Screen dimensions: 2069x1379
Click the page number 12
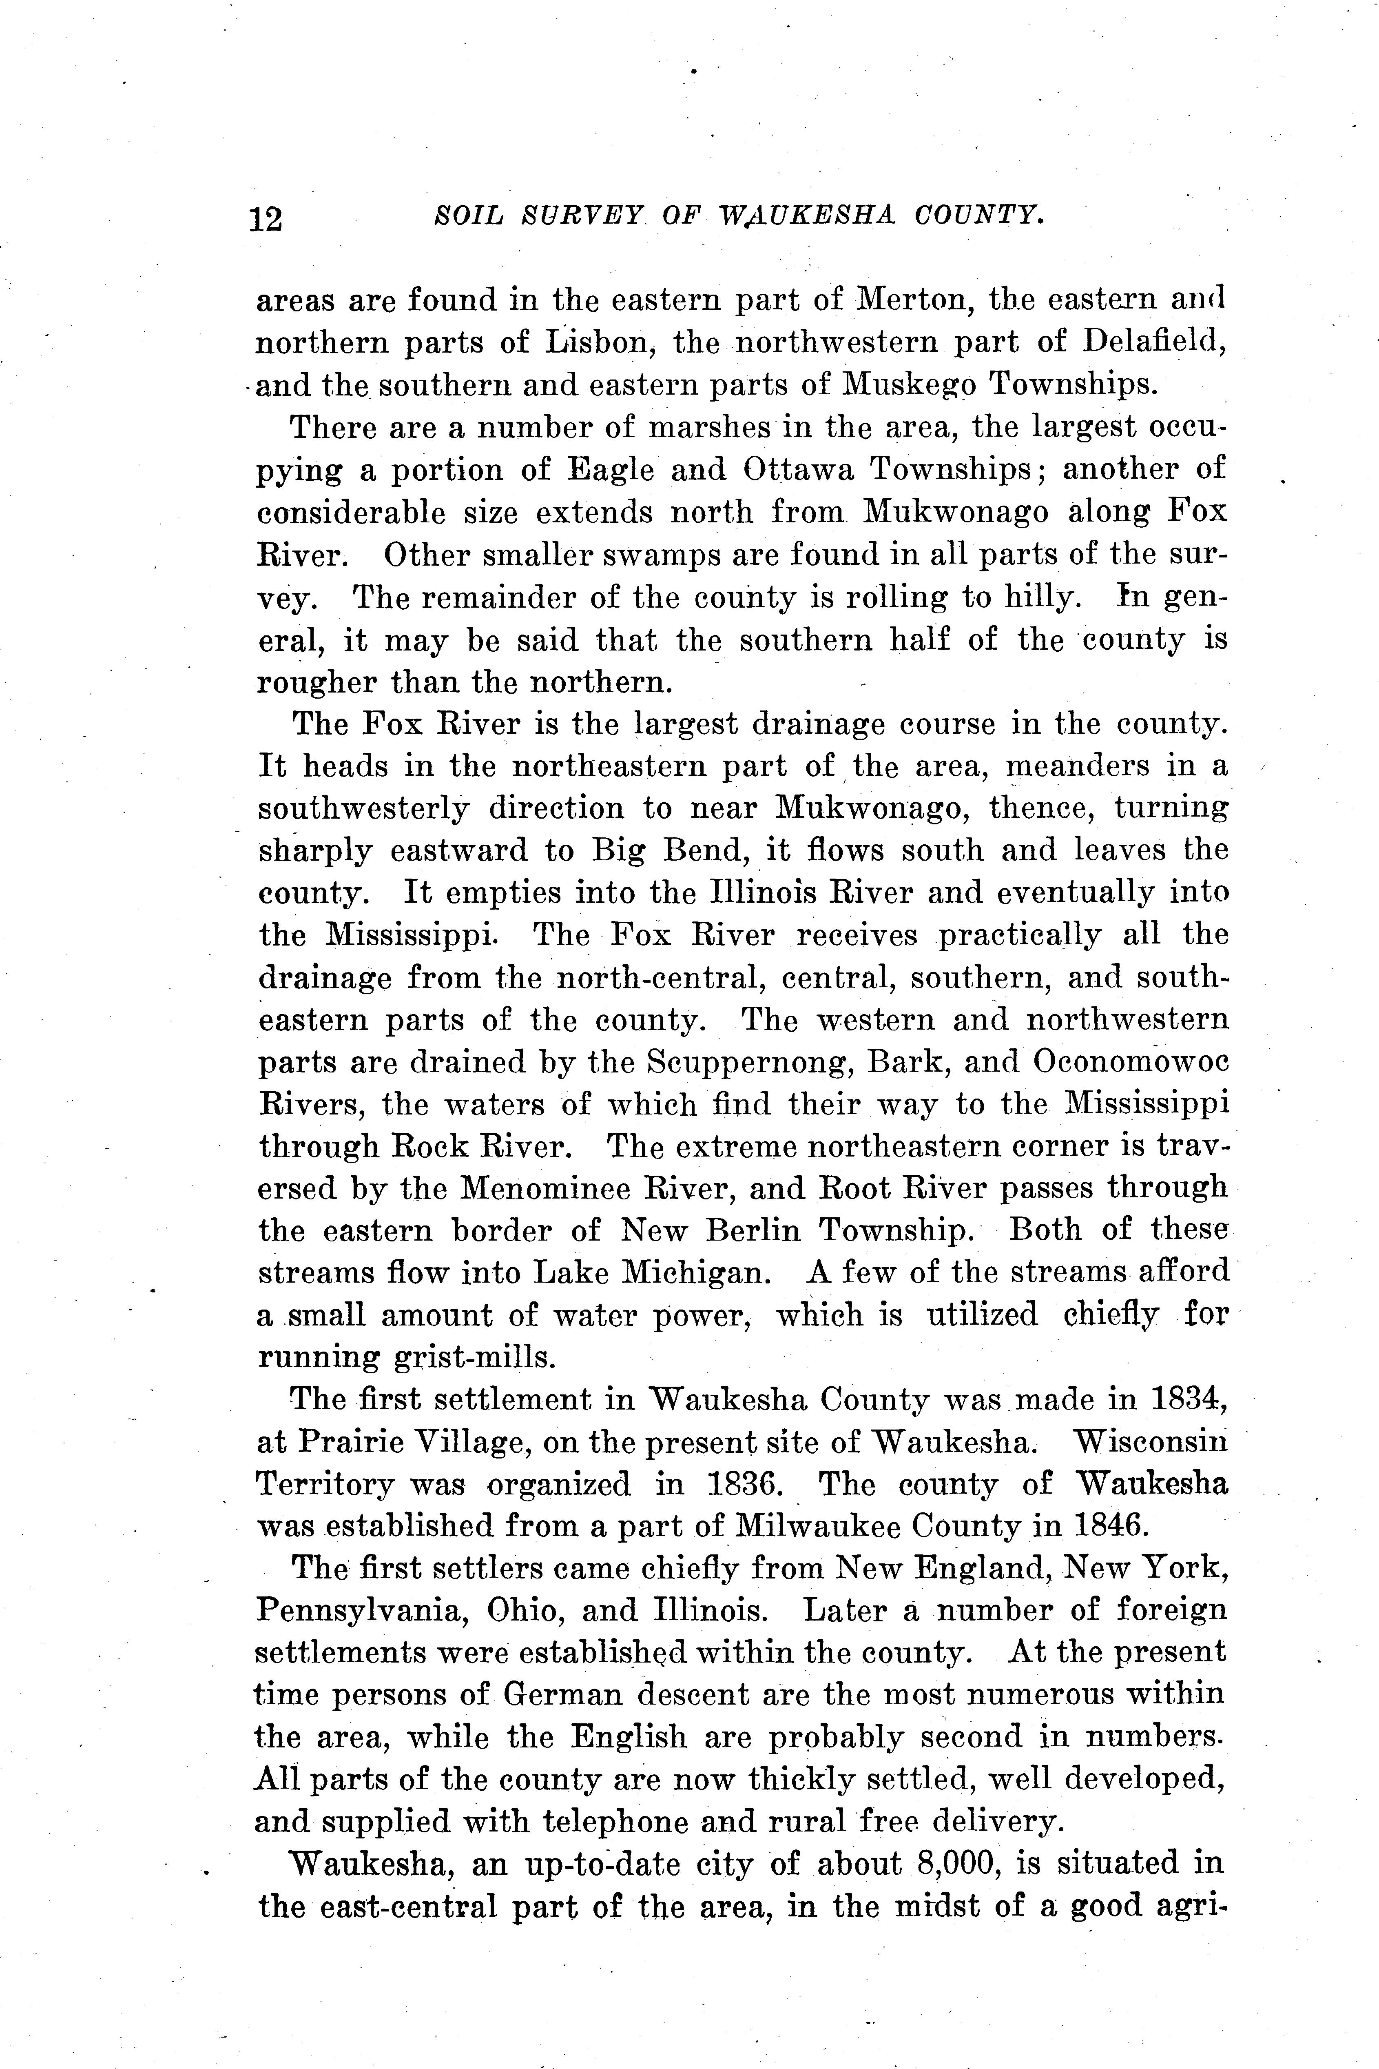266,217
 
